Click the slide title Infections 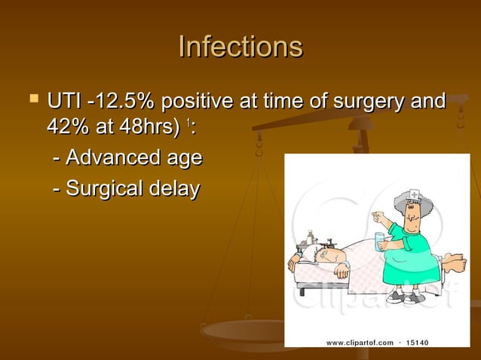240,47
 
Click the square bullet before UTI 31,99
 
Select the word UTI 63,100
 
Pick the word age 184,160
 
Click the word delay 176,188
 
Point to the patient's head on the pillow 323,256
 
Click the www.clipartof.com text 360,343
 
